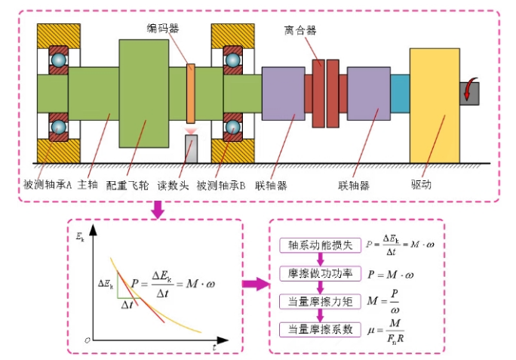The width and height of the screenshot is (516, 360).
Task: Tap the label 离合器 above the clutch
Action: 300,30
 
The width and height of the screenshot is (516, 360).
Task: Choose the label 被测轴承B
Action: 221,185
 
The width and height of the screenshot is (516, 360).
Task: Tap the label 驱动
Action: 421,185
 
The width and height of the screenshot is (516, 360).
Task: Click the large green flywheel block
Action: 143,94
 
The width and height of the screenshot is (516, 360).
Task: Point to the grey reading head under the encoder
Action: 191,148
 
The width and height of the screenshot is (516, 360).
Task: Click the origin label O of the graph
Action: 88,342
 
